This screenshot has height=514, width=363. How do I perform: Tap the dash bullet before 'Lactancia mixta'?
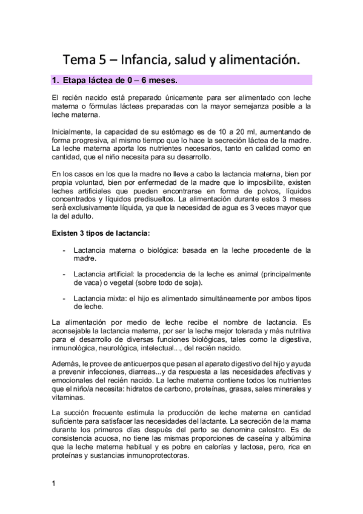click(x=64, y=299)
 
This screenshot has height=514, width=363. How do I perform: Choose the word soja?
click(x=192, y=282)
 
